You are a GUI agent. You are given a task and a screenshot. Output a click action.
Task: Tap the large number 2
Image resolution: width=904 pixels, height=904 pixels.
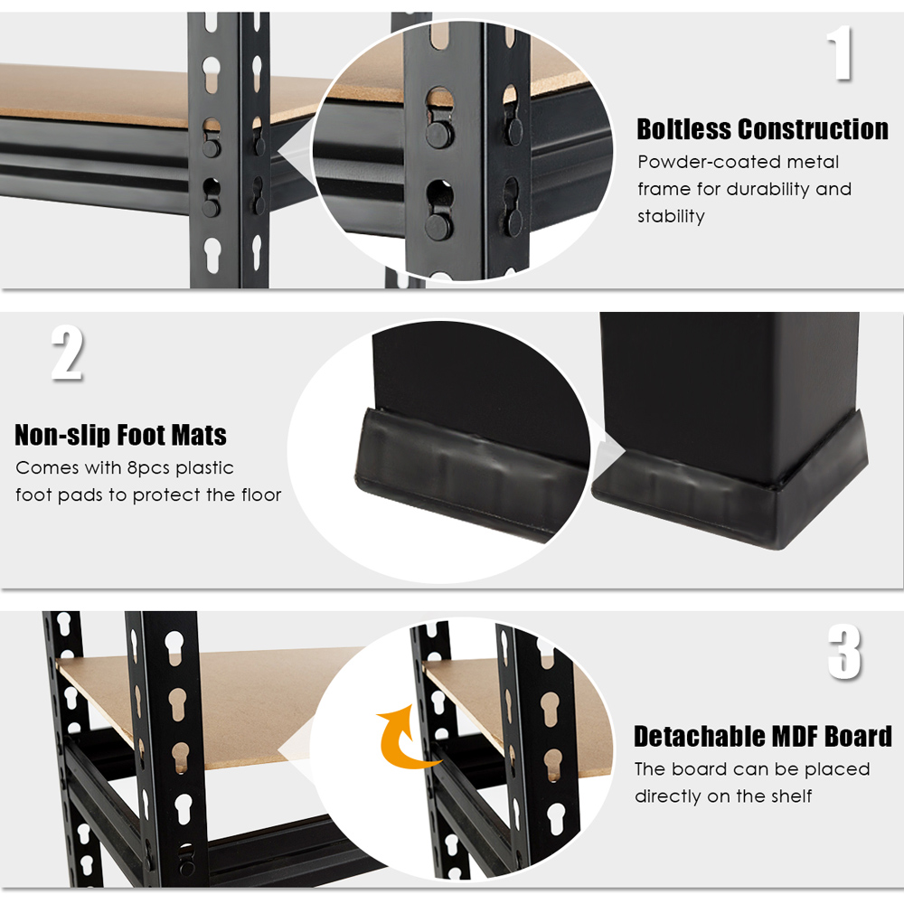click(x=67, y=353)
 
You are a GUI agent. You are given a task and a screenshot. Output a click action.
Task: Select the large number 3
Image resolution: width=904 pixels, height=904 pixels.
click(x=844, y=652)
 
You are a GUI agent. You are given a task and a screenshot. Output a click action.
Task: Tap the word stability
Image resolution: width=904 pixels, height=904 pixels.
click(x=671, y=216)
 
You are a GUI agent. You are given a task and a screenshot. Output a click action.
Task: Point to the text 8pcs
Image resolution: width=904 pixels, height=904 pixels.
click(x=148, y=468)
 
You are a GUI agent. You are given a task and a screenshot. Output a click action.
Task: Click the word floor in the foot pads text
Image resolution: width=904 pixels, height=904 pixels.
click(x=261, y=494)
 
